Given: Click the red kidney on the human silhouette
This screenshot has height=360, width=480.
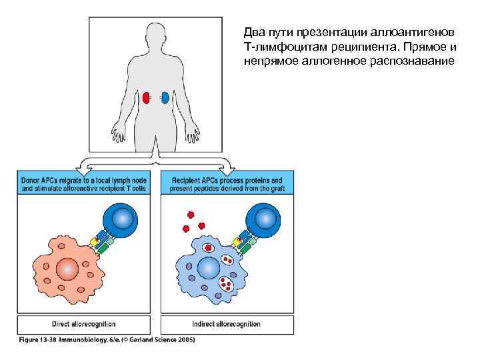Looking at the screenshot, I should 146,98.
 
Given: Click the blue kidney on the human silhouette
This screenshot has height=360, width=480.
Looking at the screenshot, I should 165,98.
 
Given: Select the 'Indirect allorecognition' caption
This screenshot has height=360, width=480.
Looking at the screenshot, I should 226,325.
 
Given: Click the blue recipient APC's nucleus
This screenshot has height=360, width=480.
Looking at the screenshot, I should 208,268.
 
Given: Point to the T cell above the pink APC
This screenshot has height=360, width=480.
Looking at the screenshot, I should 120,221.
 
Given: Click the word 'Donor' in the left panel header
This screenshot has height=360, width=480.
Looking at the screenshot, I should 31,180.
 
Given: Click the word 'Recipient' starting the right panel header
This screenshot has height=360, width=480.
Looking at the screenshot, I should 188,180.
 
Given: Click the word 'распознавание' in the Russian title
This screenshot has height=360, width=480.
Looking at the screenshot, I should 413,61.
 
